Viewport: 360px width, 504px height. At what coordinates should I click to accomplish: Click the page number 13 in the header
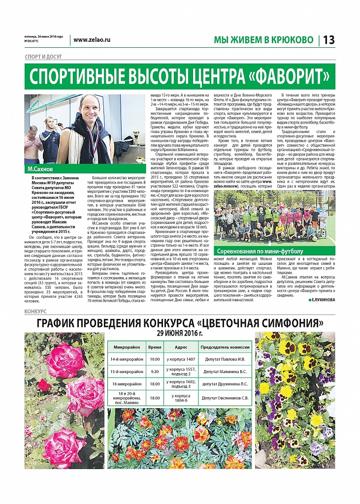(x=328, y=40)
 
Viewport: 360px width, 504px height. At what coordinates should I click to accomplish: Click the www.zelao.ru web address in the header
(x=92, y=39)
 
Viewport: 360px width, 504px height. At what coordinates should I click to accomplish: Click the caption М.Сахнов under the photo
(x=40, y=169)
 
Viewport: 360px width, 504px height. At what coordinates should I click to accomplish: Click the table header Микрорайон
(x=127, y=346)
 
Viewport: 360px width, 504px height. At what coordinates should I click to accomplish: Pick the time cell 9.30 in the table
(x=155, y=371)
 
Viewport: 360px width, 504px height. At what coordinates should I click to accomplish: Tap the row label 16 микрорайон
(x=127, y=384)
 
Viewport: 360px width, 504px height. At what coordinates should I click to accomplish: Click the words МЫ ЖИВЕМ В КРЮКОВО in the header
(x=263, y=40)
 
